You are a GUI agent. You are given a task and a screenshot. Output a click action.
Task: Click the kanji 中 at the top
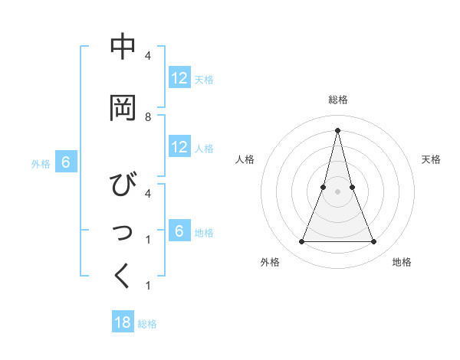123,47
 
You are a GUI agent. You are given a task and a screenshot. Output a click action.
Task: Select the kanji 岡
123,109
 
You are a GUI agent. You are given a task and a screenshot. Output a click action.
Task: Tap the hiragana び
123,185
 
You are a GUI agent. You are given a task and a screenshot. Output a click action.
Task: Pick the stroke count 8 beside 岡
148,117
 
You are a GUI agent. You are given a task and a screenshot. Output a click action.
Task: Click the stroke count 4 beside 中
148,56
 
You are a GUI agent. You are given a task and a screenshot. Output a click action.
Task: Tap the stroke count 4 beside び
148,194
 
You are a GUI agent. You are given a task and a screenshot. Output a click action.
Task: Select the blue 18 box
123,322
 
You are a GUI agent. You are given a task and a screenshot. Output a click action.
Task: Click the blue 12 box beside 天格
179,78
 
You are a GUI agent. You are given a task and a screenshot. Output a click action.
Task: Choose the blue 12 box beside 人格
179,147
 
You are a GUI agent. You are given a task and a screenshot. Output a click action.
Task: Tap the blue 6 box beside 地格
179,231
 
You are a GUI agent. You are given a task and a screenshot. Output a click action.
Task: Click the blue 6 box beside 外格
66,162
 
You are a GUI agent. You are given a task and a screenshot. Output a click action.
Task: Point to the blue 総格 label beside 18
147,324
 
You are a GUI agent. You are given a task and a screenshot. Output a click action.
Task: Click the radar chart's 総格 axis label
338,100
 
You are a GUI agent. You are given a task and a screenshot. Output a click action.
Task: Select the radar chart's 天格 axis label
431,159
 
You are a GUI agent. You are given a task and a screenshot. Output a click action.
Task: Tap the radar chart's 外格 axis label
270,262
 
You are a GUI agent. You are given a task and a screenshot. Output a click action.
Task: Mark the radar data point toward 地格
374,242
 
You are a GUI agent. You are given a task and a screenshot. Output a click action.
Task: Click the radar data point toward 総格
338,129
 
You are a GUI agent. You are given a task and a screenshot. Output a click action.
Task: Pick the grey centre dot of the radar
338,191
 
